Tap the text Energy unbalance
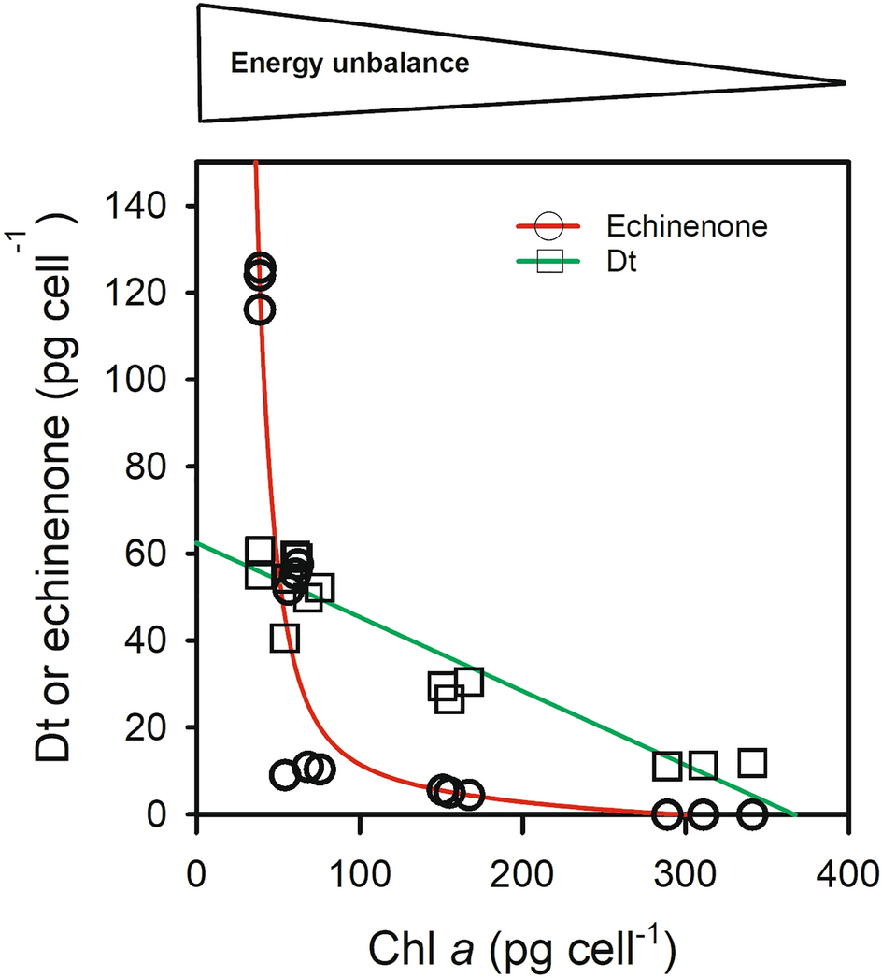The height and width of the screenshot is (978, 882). click(x=349, y=65)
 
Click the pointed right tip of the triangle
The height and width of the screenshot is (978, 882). click(x=843, y=83)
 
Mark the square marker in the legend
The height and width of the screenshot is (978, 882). click(x=549, y=264)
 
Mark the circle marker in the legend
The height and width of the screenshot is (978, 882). click(x=549, y=226)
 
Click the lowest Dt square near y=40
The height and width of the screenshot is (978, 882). click(x=285, y=639)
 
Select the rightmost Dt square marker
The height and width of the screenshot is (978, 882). click(x=752, y=763)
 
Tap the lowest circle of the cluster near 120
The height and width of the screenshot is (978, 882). click(x=261, y=309)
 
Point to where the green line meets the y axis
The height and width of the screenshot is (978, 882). click(x=196, y=542)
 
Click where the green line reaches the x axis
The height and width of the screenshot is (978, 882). click(x=795, y=815)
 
